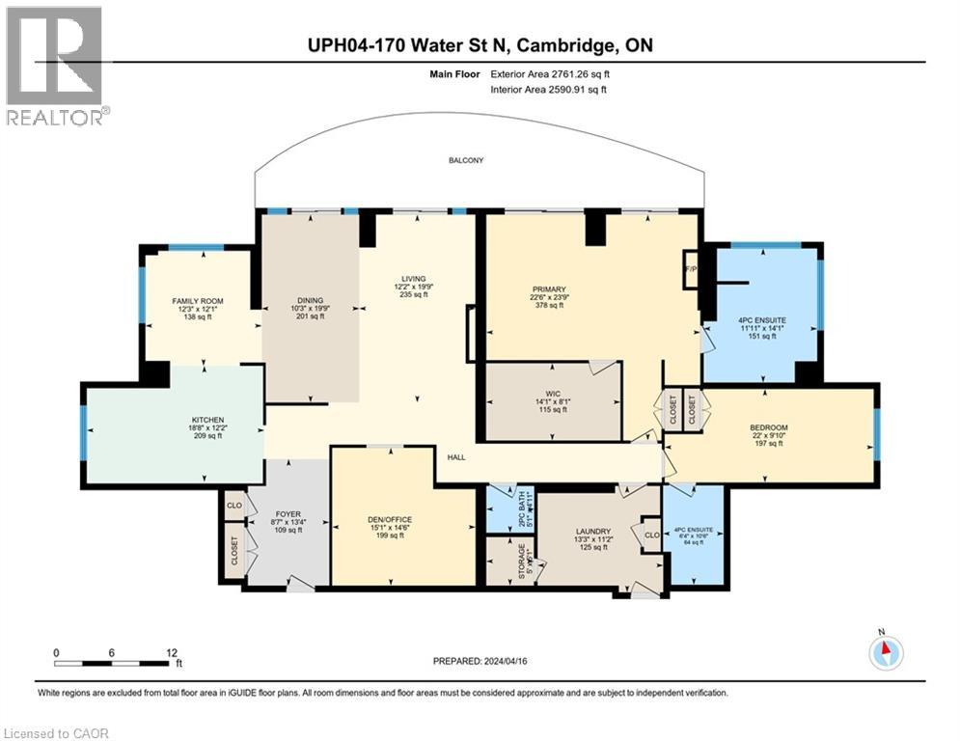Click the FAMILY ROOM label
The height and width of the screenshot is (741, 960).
tap(197, 301)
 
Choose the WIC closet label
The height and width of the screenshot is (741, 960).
tap(553, 394)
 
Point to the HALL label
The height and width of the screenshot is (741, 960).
tap(456, 459)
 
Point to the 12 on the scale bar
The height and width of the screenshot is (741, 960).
tap(172, 651)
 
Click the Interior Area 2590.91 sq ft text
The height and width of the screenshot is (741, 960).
tap(548, 90)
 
